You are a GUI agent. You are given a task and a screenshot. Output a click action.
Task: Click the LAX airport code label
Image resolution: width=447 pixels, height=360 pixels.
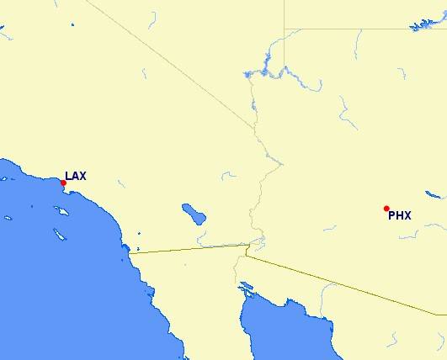(x=76, y=177)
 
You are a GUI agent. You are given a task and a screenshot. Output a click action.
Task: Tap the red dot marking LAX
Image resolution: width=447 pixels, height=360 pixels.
(x=63, y=183)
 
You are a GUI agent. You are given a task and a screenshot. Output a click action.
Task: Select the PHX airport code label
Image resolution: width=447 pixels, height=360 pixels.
(x=399, y=215)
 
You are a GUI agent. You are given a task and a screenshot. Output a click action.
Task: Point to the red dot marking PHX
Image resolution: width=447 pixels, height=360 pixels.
(x=386, y=209)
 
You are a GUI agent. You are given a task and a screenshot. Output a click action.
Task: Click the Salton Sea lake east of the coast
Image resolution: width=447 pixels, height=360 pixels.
(x=194, y=213)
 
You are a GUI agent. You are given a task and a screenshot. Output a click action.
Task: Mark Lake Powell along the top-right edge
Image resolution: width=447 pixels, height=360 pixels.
(x=425, y=24)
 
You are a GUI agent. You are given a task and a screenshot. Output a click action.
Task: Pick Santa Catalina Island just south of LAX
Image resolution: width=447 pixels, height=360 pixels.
(x=61, y=211)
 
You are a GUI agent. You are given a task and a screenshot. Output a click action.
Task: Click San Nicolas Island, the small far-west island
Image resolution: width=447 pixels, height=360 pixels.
(x=8, y=218)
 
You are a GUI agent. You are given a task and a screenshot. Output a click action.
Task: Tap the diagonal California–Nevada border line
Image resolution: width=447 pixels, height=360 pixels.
(x=168, y=63)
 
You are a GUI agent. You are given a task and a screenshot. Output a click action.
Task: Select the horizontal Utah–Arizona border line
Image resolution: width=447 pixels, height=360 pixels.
(x=362, y=28)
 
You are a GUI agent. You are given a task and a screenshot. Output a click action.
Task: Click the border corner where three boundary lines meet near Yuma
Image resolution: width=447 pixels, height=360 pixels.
(x=246, y=247)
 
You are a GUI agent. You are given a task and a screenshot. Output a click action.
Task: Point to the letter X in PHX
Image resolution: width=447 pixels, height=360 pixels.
(x=407, y=215)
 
